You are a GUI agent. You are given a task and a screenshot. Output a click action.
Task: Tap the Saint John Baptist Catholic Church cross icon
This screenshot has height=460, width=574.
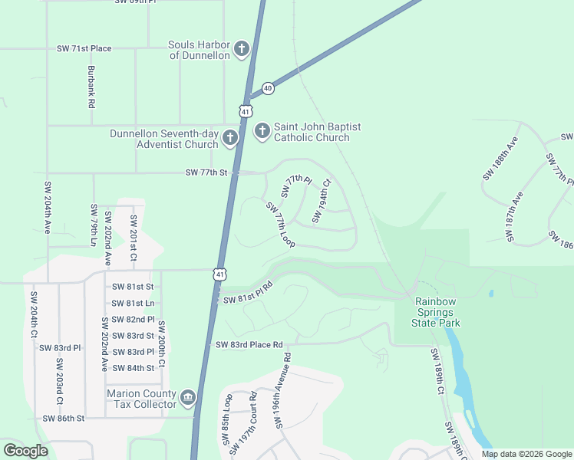point(262,132)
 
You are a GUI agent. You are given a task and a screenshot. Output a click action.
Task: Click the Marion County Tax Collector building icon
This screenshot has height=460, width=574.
point(188,399)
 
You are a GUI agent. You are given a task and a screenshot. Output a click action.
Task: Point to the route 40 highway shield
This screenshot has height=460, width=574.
point(267,88)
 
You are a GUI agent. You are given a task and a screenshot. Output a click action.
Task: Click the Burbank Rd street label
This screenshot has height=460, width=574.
point(91,86)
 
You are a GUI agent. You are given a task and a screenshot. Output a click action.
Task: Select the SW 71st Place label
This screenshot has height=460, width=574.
point(84,48)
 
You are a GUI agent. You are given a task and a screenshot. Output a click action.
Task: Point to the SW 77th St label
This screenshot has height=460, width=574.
point(207,173)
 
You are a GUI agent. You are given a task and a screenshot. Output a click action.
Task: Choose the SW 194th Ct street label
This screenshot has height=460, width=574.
point(321,202)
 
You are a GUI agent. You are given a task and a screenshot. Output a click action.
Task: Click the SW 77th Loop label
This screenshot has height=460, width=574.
point(280,225)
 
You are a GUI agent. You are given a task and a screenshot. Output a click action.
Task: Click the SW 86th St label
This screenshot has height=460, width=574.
point(63,419)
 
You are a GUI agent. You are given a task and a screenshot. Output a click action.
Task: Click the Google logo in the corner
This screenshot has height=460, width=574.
point(25,451)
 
